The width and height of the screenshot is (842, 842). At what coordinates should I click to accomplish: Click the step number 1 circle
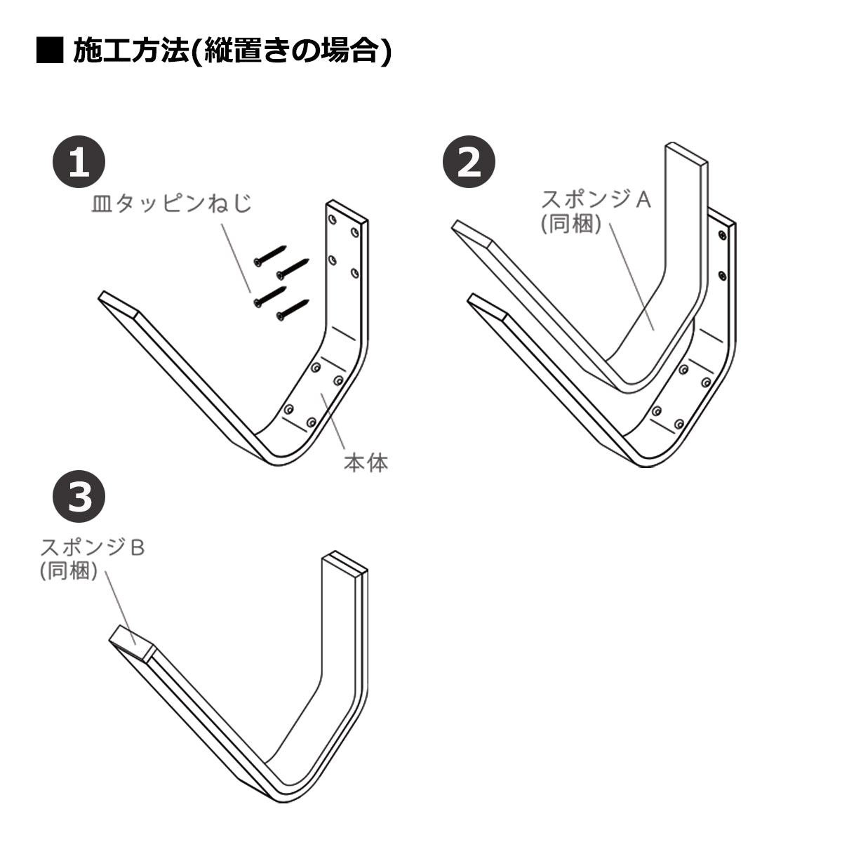[x=79, y=162]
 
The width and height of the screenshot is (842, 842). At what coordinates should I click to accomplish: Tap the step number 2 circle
[x=469, y=162]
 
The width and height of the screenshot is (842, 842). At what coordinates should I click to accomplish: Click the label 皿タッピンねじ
[x=171, y=203]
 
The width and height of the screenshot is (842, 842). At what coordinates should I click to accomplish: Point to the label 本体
[x=366, y=462]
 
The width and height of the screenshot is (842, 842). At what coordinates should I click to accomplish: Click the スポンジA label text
[x=596, y=199]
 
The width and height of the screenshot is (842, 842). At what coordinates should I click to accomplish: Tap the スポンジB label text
[x=93, y=547]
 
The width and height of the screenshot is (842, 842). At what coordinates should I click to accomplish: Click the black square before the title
[x=49, y=51]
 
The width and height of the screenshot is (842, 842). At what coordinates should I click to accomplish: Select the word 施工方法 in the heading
[x=132, y=51]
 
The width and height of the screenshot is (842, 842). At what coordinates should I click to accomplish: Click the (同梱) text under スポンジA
[x=570, y=225]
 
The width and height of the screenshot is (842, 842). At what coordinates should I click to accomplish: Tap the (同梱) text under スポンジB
[x=68, y=571]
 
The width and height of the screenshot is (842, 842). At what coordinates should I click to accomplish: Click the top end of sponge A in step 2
[x=686, y=155]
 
